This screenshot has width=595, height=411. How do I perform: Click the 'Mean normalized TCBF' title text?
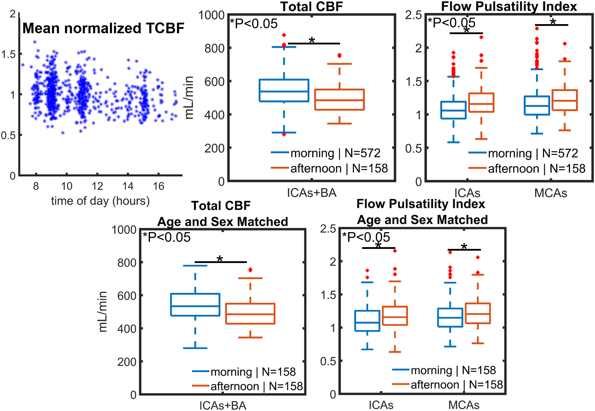[103, 28]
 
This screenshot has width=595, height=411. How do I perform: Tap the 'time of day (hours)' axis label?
[100, 201]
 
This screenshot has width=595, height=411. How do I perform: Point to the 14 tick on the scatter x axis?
[128, 186]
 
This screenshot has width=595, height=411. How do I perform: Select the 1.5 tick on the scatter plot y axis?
[8, 54]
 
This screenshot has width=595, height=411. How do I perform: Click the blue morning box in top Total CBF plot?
[284, 90]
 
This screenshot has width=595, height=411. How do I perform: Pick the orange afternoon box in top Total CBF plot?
[339, 100]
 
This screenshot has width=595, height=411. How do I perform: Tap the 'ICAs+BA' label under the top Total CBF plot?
[311, 193]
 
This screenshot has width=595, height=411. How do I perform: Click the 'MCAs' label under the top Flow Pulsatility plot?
[551, 193]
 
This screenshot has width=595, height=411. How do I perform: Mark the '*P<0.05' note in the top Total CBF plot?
[254, 24]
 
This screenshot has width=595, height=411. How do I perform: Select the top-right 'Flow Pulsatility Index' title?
[509, 6]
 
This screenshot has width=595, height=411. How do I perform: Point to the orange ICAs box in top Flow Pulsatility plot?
[481, 103]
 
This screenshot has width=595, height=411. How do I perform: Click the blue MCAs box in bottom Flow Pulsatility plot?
[450, 317]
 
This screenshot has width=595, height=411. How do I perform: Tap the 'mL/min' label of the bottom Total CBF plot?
[103, 312]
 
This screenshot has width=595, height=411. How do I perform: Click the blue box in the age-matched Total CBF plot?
[195, 305]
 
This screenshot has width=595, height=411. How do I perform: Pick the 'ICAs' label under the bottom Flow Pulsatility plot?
[381, 405]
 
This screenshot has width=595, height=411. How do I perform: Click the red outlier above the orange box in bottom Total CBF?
[250, 270]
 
